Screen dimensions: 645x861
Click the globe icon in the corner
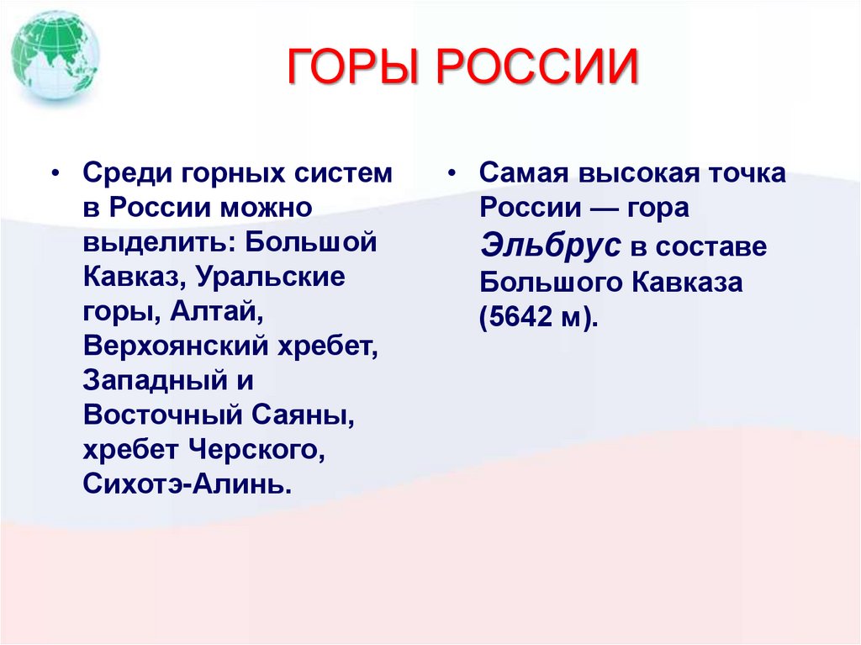click(x=56, y=56)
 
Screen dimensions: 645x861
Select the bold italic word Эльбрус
click(x=551, y=246)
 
